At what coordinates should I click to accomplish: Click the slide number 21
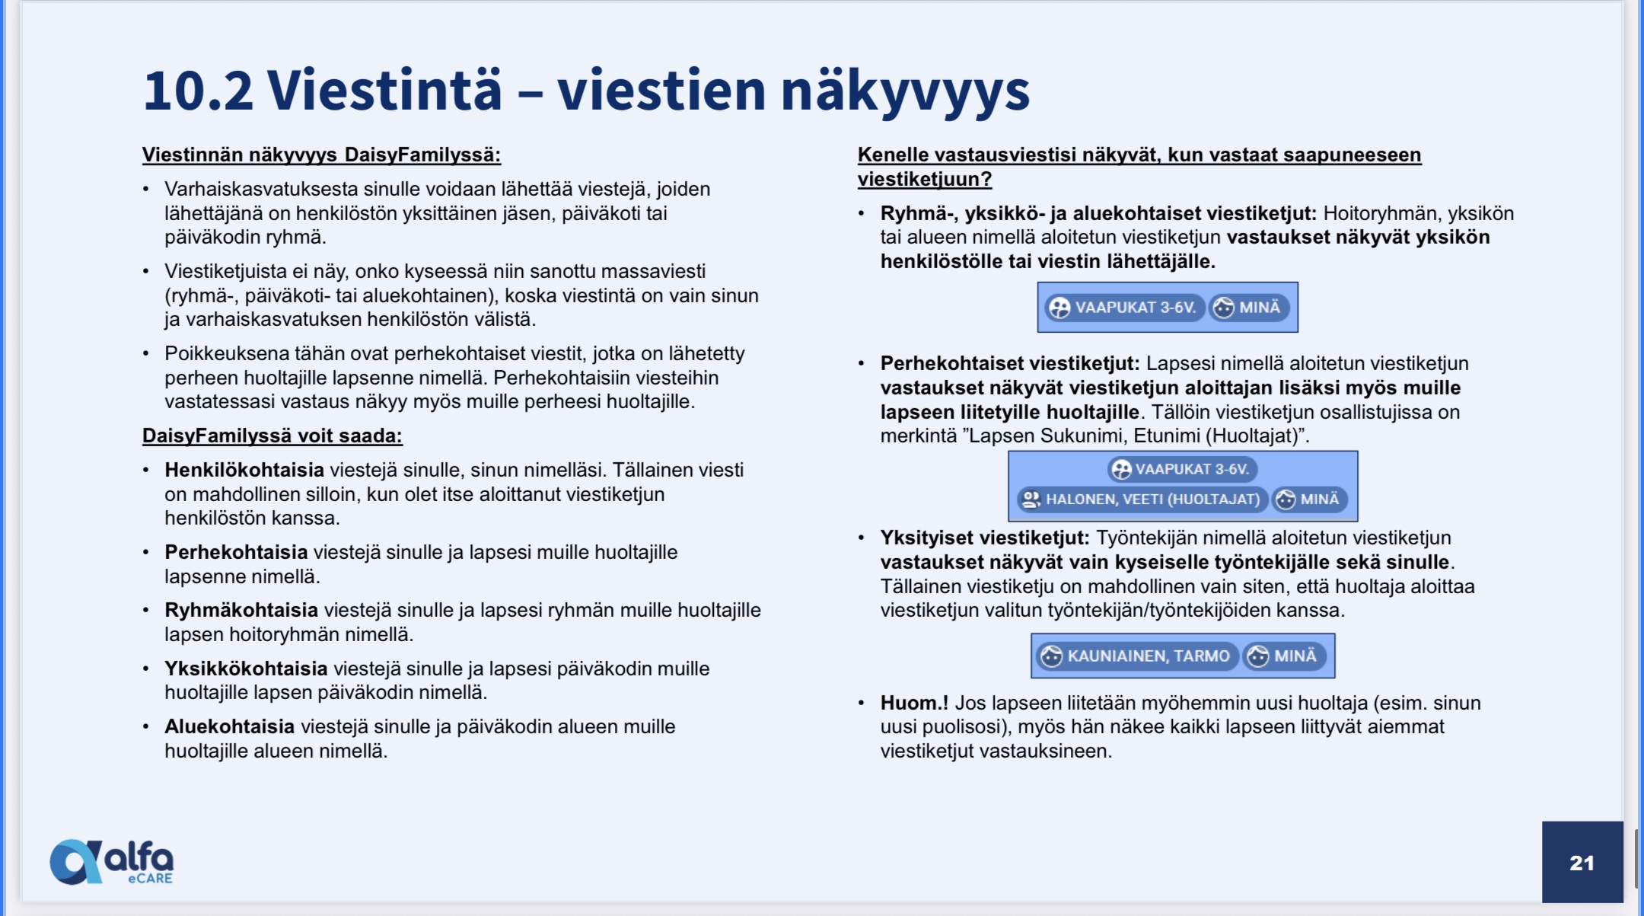tap(1582, 863)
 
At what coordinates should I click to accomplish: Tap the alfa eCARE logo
tap(112, 862)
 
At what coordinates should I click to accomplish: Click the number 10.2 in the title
tap(198, 90)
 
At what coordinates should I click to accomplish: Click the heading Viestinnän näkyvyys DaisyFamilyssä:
tap(321, 155)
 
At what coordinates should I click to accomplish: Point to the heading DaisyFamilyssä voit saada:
tap(272, 436)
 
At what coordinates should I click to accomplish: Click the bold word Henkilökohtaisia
tap(244, 470)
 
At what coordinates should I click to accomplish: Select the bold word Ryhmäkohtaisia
tap(241, 610)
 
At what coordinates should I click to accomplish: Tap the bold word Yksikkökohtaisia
tap(246, 669)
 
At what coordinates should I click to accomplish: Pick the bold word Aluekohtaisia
tap(229, 726)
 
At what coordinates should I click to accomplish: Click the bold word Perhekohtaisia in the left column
tap(236, 552)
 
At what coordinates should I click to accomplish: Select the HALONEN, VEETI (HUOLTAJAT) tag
tap(1141, 499)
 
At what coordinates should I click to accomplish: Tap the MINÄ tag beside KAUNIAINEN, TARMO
tap(1284, 656)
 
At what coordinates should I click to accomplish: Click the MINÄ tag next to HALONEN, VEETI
tap(1308, 499)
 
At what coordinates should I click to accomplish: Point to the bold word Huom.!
tap(914, 703)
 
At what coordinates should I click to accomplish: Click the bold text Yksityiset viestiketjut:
tap(985, 538)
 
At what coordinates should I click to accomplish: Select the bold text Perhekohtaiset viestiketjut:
tap(1010, 364)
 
